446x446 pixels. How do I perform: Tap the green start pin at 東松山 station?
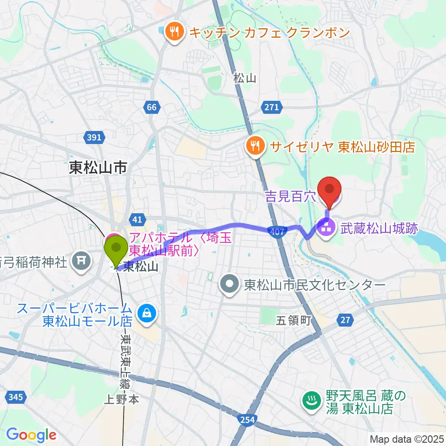(116, 249)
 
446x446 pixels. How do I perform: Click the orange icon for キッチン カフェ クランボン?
(174, 33)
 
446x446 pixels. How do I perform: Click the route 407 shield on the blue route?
(276, 231)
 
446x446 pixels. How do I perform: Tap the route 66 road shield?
(151, 107)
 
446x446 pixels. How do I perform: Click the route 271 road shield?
(272, 107)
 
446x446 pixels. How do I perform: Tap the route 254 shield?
(247, 420)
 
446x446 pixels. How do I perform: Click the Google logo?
(31, 435)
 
